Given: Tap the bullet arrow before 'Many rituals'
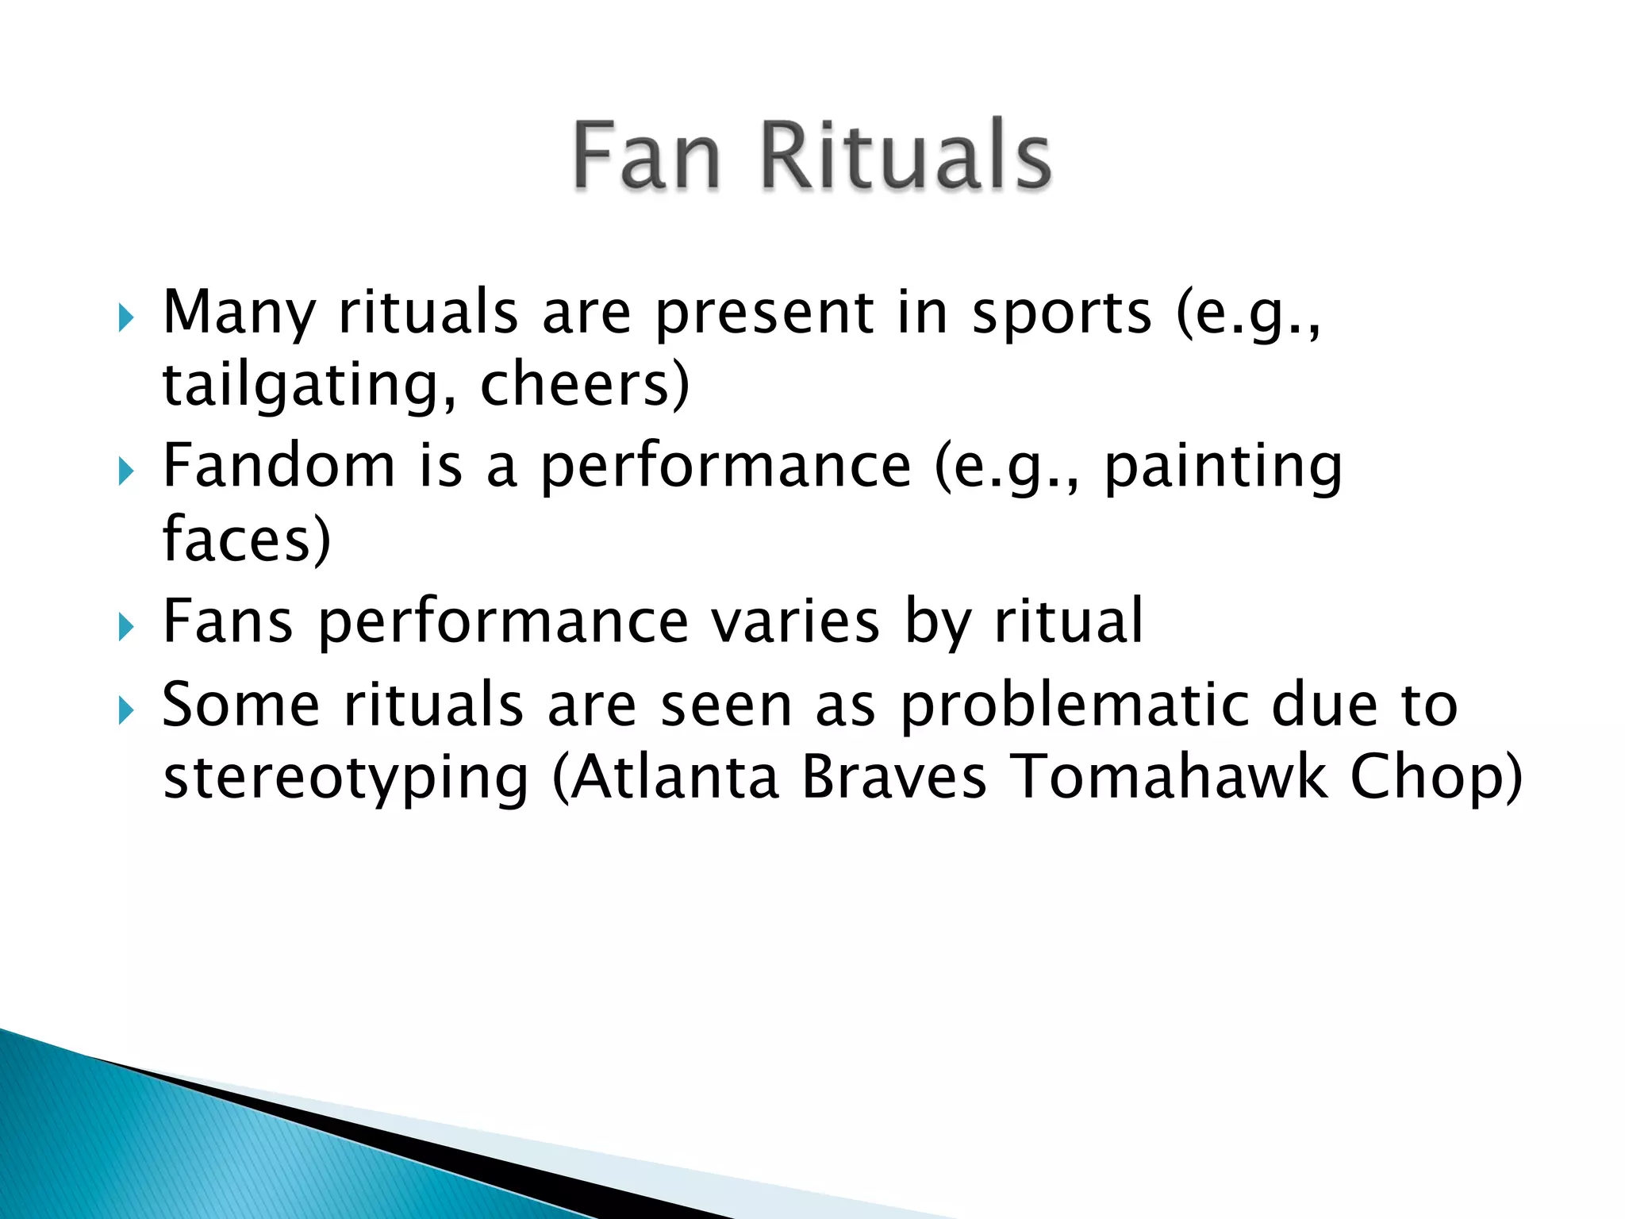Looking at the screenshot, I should [125, 319].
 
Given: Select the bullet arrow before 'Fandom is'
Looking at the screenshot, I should [125, 472].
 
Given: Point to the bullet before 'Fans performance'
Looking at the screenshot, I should [125, 628].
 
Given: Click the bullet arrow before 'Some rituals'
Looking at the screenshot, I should [125, 710].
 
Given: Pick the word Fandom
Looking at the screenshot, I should [279, 466].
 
